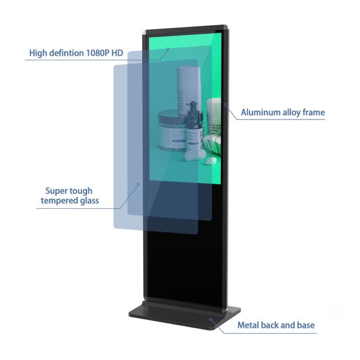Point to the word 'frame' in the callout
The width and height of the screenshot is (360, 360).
[x=312, y=112]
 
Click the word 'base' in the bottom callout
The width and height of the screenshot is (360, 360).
[x=304, y=325]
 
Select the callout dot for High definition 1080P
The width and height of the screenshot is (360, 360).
[x=168, y=49]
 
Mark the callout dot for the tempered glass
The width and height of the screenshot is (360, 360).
[x=138, y=184]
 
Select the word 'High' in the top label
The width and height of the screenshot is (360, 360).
[x=39, y=53]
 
